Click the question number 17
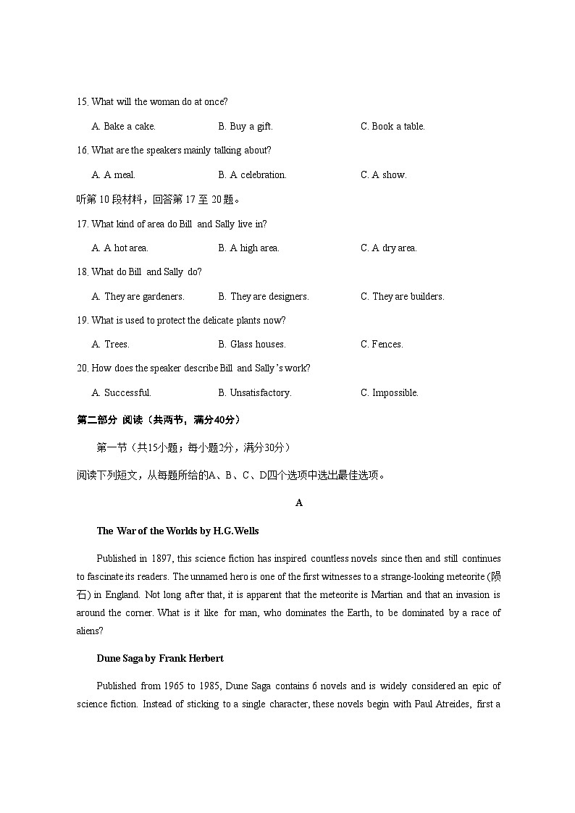(x=82, y=224)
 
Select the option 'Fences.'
(x=392, y=345)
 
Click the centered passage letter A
(x=299, y=503)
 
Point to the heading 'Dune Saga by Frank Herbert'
(x=160, y=659)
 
